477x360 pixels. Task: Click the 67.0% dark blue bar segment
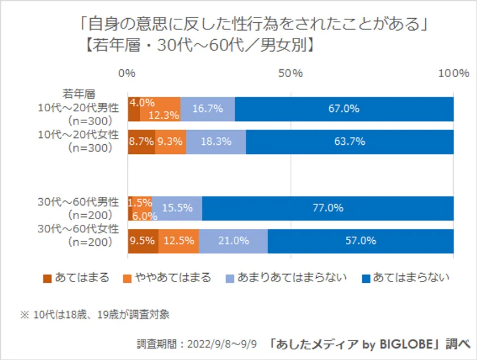click(344, 109)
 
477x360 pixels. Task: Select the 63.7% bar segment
click(350, 142)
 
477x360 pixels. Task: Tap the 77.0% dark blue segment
click(328, 208)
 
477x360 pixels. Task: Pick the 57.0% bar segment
click(361, 241)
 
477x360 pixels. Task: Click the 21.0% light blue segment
click(233, 241)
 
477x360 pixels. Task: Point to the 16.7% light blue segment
click(208, 109)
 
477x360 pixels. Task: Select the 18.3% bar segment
click(216, 142)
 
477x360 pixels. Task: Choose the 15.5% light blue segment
click(177, 208)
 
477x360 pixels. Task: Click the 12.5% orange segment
click(179, 241)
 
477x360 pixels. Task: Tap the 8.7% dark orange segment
click(141, 142)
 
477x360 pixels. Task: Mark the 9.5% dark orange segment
click(143, 241)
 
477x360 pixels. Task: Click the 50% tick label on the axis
click(291, 73)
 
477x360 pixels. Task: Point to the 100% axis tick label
click(453, 73)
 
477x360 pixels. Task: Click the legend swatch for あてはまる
click(47, 278)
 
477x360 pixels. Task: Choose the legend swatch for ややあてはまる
click(127, 278)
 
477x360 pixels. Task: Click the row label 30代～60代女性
click(78, 229)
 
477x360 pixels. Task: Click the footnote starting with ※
click(95, 314)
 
